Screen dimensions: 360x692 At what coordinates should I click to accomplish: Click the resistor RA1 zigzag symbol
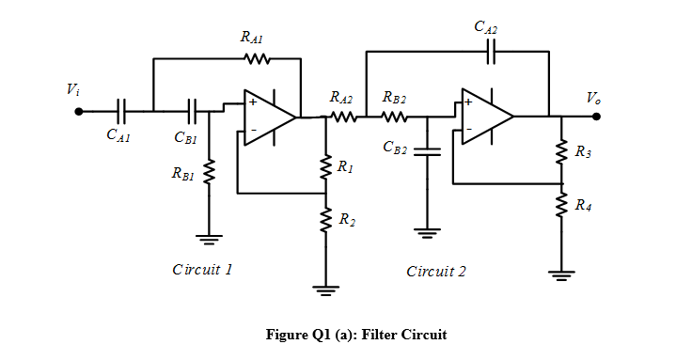(x=257, y=59)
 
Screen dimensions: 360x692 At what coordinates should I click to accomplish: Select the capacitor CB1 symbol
(x=193, y=111)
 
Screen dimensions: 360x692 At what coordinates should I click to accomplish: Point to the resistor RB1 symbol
(x=209, y=173)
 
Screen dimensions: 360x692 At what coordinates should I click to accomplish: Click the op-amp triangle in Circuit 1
(x=269, y=117)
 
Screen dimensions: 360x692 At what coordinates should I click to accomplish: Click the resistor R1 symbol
(x=325, y=166)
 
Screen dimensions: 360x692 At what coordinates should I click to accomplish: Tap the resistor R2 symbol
(x=325, y=220)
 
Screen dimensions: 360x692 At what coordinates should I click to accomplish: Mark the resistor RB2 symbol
(x=395, y=117)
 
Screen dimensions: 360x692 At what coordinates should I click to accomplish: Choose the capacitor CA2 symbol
(x=489, y=53)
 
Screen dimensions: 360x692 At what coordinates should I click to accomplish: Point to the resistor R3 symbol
(x=561, y=151)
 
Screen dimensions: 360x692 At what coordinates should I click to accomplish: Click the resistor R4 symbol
(x=561, y=204)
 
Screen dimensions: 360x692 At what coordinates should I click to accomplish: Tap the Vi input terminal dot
(x=80, y=111)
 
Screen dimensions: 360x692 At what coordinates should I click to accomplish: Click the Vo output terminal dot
(x=596, y=117)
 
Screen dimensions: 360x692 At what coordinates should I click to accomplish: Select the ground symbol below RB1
(x=209, y=239)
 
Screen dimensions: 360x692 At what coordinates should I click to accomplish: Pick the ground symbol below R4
(x=561, y=274)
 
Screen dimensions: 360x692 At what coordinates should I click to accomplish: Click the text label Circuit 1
(x=202, y=270)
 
